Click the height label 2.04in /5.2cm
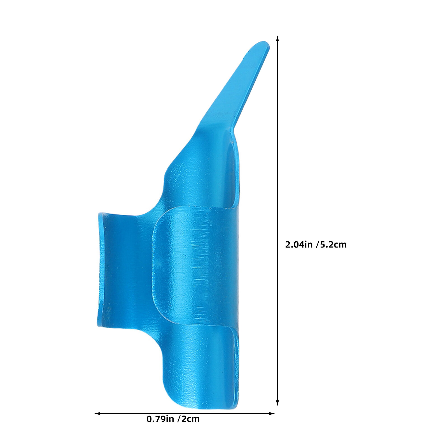pyautogui.click(x=316, y=245)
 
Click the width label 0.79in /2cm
pyautogui.click(x=173, y=419)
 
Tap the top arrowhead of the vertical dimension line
pyautogui.click(x=277, y=39)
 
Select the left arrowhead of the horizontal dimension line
pyautogui.click(x=97, y=413)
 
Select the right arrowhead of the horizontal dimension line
pyautogui.click(x=272, y=413)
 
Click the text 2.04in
pyautogui.click(x=298, y=245)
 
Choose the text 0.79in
pyautogui.click(x=160, y=419)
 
